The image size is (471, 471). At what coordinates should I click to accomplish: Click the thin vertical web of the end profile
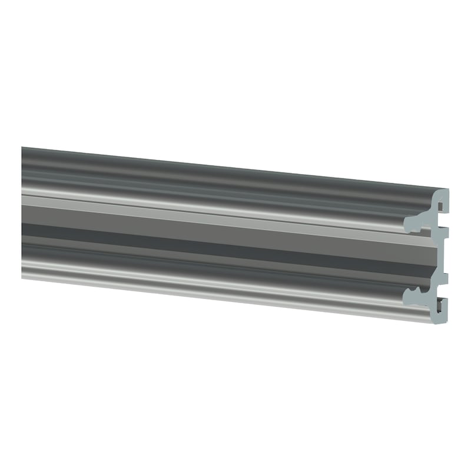point(436,256)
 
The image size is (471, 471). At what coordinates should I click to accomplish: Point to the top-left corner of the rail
point(22,148)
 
